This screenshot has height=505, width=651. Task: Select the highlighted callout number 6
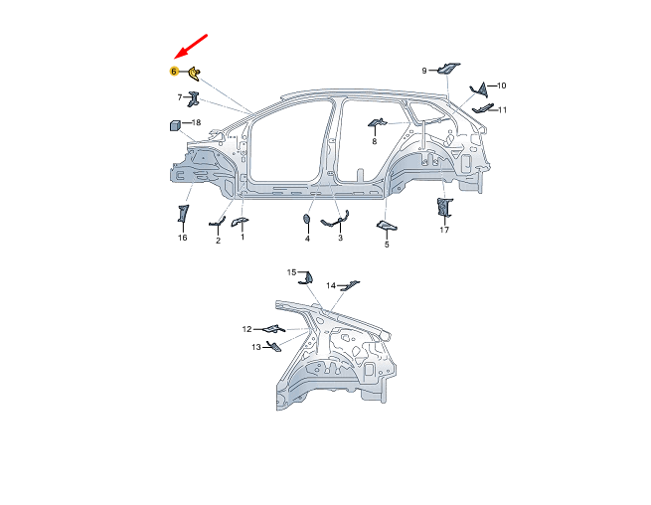click(x=173, y=72)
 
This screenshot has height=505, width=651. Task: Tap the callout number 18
click(x=196, y=123)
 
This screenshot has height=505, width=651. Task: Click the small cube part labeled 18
click(x=174, y=125)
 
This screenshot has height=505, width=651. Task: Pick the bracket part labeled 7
click(x=193, y=97)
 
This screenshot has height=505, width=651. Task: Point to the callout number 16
click(x=182, y=239)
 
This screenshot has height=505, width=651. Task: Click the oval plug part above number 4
click(x=307, y=220)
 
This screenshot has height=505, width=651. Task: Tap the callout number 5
click(x=387, y=245)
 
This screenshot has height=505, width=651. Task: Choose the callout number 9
click(x=424, y=71)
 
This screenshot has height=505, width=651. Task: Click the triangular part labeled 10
click(x=477, y=89)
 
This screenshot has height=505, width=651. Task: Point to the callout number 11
click(x=503, y=109)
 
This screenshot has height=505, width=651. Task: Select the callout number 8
click(x=375, y=142)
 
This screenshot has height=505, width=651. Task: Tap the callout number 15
click(x=292, y=271)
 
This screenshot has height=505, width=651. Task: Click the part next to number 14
click(x=348, y=285)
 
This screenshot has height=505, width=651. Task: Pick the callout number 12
click(x=246, y=329)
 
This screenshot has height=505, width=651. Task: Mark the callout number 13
click(x=255, y=347)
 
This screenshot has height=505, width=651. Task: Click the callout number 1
click(x=242, y=238)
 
